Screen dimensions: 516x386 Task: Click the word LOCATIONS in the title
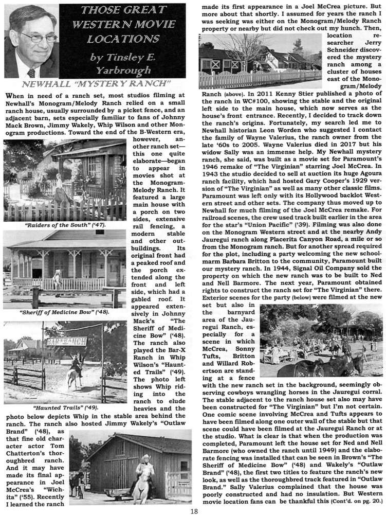click(123, 39)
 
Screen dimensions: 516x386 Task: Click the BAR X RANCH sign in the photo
click(66, 340)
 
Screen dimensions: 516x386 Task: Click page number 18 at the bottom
click(193, 510)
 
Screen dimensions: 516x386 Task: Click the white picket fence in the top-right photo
click(257, 79)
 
